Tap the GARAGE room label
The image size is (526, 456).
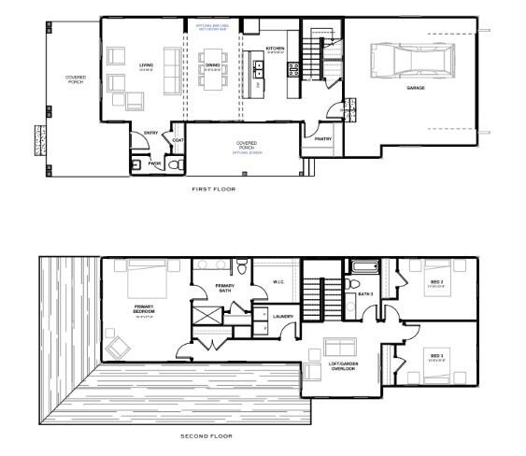[415, 88]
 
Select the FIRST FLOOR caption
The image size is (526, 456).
[213, 189]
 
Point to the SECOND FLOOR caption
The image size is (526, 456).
[206, 435]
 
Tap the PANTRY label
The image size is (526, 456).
[323, 139]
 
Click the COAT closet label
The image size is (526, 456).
[178, 140]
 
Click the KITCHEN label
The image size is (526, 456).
[275, 48]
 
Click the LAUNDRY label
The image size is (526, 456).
[283, 316]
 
